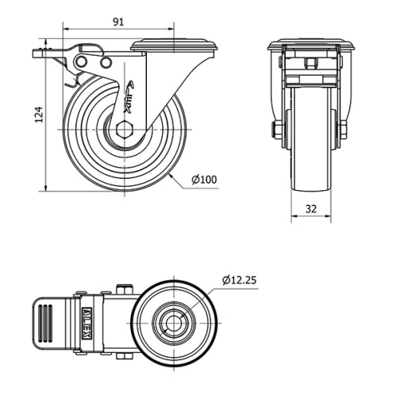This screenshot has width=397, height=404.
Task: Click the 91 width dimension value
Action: point(117,22)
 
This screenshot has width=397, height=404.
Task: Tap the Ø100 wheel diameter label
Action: point(204,181)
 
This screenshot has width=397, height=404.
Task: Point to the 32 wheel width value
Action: point(310,208)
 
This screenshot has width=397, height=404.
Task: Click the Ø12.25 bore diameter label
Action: point(239,280)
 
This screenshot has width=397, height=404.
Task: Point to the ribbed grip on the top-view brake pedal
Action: point(47,325)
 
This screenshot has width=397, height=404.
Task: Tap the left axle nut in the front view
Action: point(279,130)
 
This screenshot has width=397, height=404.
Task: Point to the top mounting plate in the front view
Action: point(310,45)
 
